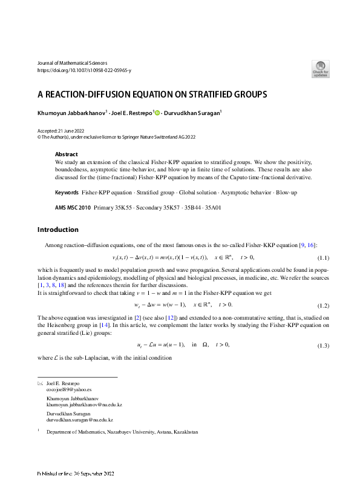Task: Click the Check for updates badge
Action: point(320,68)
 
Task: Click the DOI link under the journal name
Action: point(84,70)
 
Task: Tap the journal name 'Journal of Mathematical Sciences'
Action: point(72,63)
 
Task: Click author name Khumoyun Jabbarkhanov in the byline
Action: point(72,113)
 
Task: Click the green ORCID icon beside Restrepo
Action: point(158,113)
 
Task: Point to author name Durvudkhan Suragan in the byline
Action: point(193,113)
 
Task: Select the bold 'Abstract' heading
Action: point(67,154)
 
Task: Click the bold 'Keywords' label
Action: point(67,192)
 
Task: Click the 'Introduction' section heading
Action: point(58,230)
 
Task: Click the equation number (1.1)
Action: point(324,257)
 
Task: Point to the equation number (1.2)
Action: point(324,305)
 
